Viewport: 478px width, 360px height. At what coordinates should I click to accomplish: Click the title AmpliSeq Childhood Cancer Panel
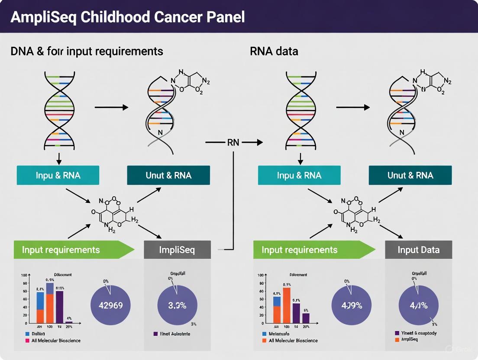coord(128,17)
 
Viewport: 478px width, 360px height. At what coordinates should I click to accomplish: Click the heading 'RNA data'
coord(274,51)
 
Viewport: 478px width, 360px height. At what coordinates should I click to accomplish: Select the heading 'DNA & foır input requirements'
coord(87,51)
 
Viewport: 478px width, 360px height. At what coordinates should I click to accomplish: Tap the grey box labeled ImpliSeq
coord(177,250)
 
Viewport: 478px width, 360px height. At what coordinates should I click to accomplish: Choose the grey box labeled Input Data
coord(418,250)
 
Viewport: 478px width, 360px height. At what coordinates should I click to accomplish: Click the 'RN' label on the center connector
coord(233,142)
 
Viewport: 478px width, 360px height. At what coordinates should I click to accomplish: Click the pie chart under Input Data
coord(419,305)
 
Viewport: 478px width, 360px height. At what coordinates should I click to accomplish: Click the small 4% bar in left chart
coord(69,322)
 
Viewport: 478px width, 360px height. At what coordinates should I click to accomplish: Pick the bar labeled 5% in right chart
coord(306,318)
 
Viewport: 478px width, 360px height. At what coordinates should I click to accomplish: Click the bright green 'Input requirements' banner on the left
coord(69,250)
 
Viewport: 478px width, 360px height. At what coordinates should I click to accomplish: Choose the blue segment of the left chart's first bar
coord(40,301)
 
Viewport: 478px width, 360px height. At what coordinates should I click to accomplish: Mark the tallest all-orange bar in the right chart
coord(287,305)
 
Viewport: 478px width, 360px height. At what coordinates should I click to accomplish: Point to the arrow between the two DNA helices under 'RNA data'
coord(353,107)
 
